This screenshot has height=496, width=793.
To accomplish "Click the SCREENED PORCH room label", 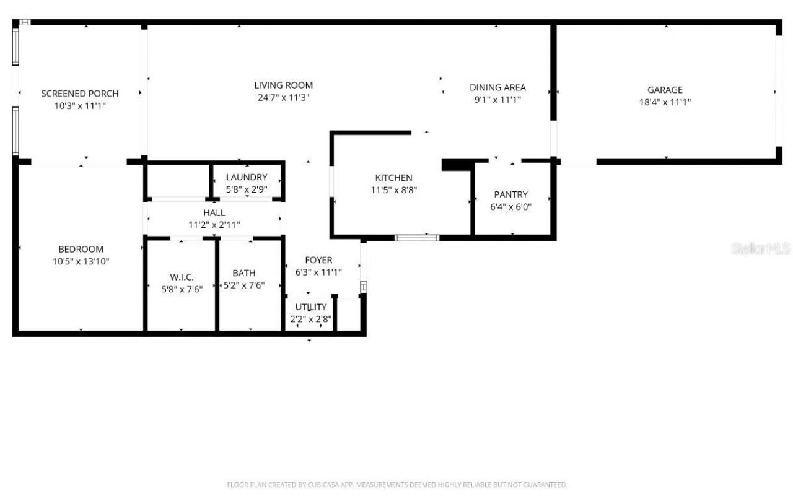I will click(80, 94).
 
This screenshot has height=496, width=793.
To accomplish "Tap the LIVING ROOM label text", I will click(284, 85).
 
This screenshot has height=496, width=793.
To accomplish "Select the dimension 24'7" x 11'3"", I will click(284, 98).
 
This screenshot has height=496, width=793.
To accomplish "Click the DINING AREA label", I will click(497, 87).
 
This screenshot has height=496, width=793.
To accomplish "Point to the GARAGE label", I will click(665, 90).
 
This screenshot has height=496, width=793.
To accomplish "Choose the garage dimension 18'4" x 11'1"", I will click(665, 102).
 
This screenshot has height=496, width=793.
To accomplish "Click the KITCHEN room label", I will click(393, 178).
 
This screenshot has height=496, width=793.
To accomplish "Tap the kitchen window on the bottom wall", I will click(417, 237).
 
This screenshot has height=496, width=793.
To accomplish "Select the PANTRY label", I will click(510, 194).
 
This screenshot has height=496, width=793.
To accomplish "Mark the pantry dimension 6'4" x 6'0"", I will click(510, 207).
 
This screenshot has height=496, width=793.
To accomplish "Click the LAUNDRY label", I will click(247, 177).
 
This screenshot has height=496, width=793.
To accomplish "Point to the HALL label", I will click(214, 212).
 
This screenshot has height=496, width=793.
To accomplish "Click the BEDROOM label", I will click(81, 249).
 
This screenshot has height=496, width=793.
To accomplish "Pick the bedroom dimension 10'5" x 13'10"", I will click(81, 261).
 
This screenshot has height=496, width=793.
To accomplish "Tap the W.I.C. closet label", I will click(182, 276).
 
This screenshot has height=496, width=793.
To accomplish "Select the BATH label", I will click(243, 273).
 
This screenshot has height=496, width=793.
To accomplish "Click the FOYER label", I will click(318, 260).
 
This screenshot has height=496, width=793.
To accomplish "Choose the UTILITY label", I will click(310, 307).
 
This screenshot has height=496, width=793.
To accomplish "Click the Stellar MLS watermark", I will click(760, 248).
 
